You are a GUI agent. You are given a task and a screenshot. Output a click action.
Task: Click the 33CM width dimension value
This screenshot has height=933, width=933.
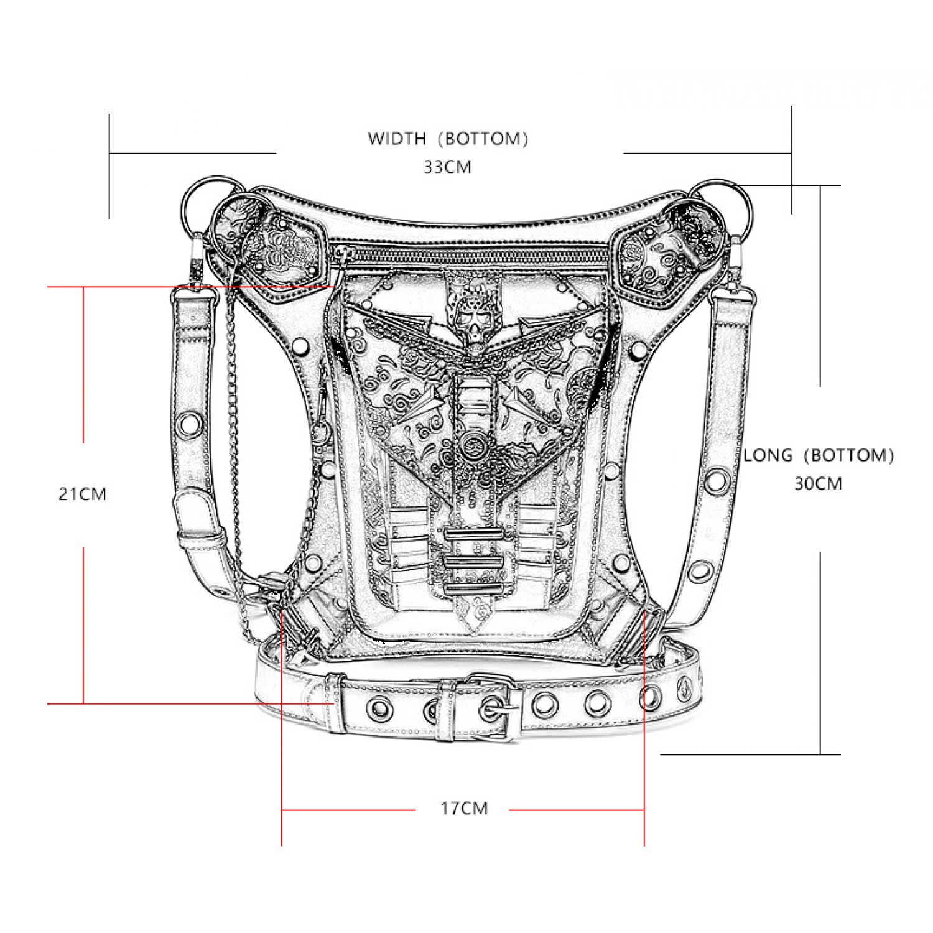pyautogui.click(x=448, y=167)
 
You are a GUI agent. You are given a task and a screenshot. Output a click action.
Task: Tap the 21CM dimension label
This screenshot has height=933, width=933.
pyautogui.click(x=83, y=494)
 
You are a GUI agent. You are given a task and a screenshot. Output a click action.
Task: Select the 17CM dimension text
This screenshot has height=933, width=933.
pyautogui.click(x=465, y=809)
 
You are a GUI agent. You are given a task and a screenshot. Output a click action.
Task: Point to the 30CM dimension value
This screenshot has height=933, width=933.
pyautogui.click(x=819, y=483)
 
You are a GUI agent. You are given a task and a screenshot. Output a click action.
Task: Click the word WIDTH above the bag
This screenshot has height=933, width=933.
pyautogui.click(x=397, y=138)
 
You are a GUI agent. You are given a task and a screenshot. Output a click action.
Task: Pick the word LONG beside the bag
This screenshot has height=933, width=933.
pyautogui.click(x=769, y=455)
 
